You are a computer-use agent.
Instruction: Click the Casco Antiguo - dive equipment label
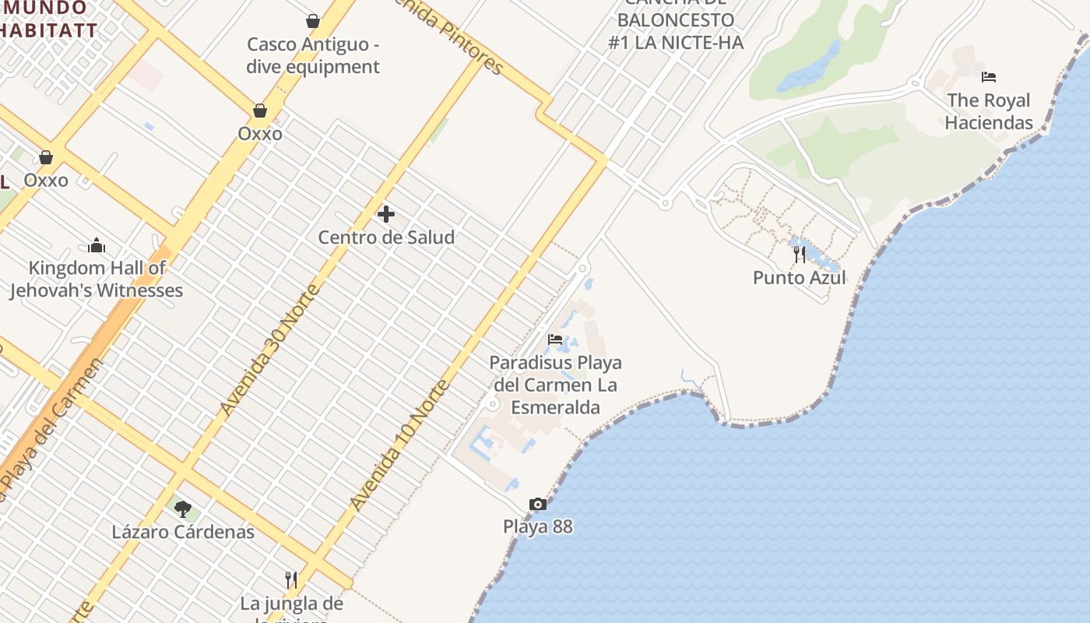coord(313,55)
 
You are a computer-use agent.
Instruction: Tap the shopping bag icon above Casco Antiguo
coord(313,21)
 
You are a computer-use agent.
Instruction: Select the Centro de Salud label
coord(386,238)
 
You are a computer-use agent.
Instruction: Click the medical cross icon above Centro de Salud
coord(385,214)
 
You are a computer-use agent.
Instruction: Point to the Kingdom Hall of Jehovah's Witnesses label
coord(97,279)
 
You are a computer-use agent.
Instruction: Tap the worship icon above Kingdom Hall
coord(97,246)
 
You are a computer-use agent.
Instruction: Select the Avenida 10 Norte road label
coord(400,445)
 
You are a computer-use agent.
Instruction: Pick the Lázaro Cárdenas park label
coord(183,533)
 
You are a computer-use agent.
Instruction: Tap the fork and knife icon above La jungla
coord(291,580)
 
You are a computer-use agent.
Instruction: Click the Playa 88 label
coord(538,526)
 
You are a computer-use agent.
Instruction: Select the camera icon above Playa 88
coord(538,505)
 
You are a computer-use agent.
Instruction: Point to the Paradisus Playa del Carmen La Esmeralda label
coord(556,385)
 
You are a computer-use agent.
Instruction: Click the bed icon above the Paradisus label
coord(555,340)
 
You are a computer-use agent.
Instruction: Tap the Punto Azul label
coord(800,278)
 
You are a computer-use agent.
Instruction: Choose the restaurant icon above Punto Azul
coord(800,255)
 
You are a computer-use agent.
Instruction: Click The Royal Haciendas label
coord(989,111)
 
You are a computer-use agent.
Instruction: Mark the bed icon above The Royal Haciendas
coord(989,77)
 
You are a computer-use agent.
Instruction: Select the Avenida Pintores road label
coord(448,35)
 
